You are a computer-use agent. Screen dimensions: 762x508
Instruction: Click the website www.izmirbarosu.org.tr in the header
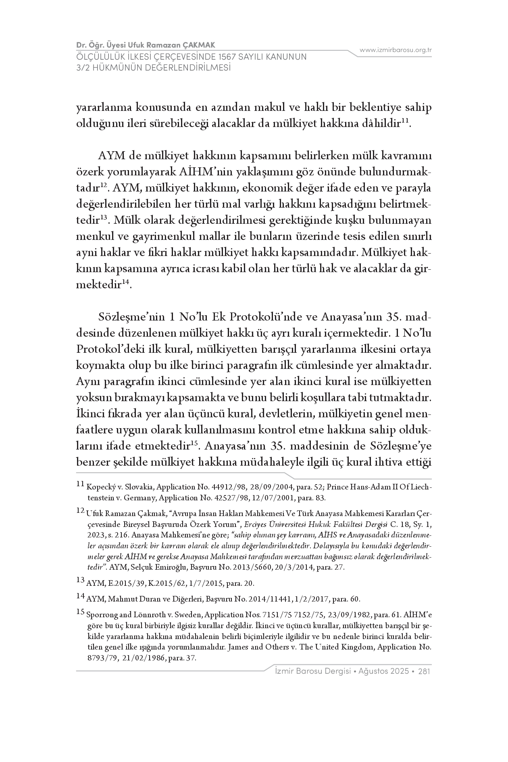pyautogui.click(x=396, y=50)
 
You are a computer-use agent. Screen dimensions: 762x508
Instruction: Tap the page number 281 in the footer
pyautogui.click(x=425, y=671)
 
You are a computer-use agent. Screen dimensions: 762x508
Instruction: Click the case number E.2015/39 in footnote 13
pyautogui.click(x=123, y=583)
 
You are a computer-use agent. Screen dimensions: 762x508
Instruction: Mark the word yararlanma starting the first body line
pyautogui.click(x=102, y=108)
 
